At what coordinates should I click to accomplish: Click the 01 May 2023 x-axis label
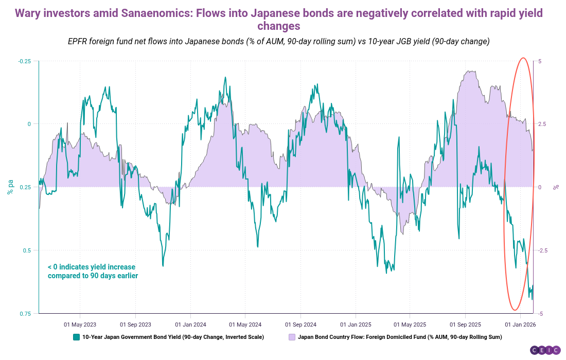80,325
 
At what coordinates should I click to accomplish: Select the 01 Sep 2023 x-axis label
135,325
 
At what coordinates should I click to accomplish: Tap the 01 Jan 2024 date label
190,325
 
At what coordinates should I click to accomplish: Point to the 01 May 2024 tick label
245,325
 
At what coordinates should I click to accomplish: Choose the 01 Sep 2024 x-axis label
300,325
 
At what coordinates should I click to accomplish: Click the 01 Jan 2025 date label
356,325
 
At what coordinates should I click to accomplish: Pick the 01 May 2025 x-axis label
410,325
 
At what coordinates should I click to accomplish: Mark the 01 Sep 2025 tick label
465,325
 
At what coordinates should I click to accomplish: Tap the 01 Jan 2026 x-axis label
520,325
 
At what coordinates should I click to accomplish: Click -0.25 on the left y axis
25,61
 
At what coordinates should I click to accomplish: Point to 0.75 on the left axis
26,314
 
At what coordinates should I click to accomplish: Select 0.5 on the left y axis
27,250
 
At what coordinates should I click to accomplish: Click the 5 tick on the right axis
540,61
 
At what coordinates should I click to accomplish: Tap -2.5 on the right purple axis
544,250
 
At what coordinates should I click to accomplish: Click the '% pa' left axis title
10,187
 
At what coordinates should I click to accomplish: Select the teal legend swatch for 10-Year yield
76,337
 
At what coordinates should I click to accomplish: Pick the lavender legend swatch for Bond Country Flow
292,337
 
